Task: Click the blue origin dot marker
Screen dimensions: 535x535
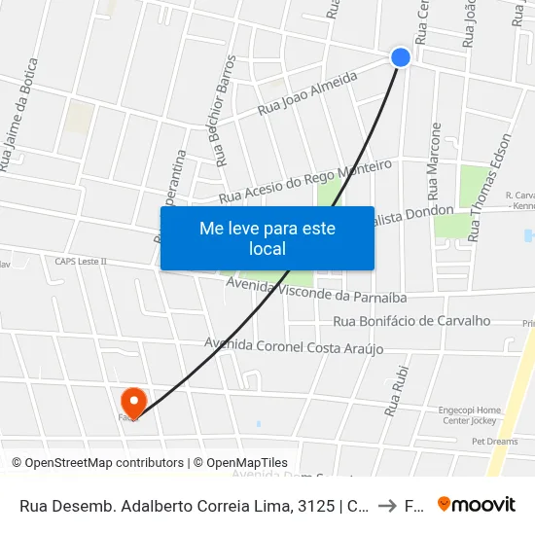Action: [x=401, y=57]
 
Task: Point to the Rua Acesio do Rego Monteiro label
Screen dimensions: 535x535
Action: [x=306, y=182]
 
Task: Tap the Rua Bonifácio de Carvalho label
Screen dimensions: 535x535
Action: [x=411, y=321]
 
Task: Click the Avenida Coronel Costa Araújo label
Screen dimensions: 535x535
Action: [x=294, y=346]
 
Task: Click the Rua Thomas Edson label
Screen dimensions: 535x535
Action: [x=489, y=187]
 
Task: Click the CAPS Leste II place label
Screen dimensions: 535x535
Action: [x=81, y=261]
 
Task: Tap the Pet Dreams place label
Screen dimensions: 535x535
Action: [x=495, y=441]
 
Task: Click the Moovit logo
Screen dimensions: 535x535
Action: [x=477, y=504]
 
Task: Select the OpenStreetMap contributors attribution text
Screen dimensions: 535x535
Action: [x=97, y=463]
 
